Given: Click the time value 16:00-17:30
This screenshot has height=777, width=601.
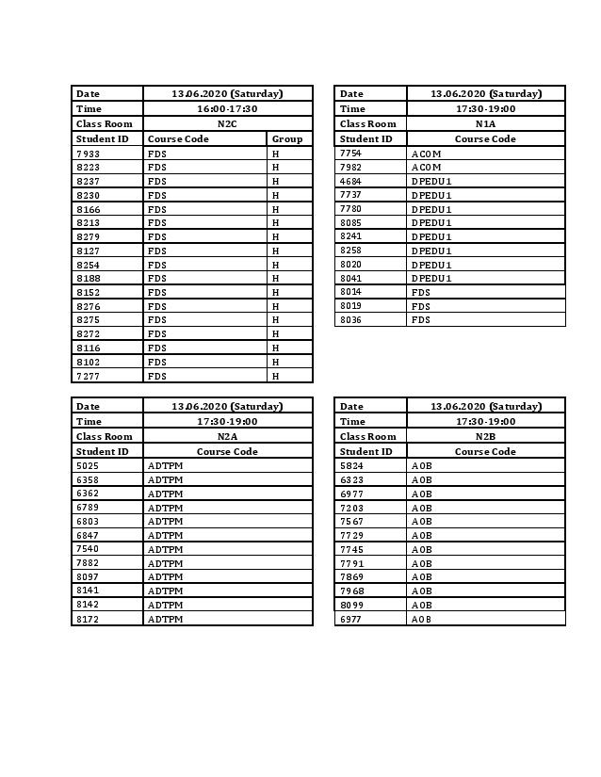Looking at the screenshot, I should tap(227, 108).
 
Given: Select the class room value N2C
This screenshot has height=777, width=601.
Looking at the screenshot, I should tap(227, 123).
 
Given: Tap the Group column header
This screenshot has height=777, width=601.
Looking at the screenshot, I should tap(287, 138).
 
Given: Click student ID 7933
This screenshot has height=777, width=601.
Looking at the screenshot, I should tap(89, 154).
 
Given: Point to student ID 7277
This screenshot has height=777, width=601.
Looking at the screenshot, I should tap(89, 376).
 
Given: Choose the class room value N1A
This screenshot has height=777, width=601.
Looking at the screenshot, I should tap(485, 123).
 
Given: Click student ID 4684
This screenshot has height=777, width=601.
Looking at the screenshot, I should tap(350, 181).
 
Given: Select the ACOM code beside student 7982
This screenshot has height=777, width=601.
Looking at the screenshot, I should tap(426, 167).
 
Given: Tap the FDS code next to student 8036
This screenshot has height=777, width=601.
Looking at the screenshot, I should tap(420, 320).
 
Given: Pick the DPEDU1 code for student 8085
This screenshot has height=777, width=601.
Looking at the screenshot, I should tap(431, 223).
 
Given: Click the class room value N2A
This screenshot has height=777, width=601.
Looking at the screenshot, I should tap(227, 436).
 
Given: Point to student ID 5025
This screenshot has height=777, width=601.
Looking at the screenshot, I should tap(89, 465).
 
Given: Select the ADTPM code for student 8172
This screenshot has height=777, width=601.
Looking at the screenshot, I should tap(165, 619).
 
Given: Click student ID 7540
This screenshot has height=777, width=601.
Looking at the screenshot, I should tap(89, 549).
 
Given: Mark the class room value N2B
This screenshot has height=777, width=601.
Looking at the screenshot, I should tap(485, 436).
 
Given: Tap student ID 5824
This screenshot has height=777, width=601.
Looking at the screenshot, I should tap(350, 465).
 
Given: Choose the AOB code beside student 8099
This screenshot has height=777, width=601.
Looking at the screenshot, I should tap(421, 605).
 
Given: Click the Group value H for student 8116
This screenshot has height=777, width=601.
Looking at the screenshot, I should tap(276, 348).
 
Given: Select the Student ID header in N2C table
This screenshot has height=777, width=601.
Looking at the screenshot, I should tap(102, 138).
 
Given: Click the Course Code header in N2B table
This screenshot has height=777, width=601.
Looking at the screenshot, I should tap(485, 451).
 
